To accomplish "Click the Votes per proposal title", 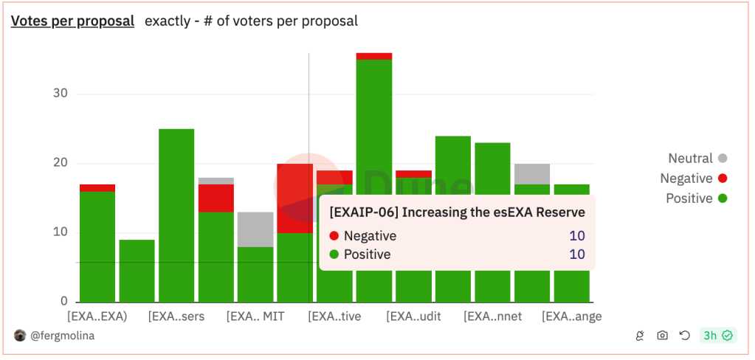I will (x=72, y=21).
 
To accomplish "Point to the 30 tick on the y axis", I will (x=60, y=94).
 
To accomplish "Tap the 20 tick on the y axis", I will (x=60, y=163).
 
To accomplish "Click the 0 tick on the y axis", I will (x=63, y=302).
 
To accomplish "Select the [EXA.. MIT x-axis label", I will (x=255, y=316).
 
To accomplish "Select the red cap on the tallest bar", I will (x=374, y=56).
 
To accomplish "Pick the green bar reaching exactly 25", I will (x=176, y=214).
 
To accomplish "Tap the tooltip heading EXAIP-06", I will (x=457, y=212).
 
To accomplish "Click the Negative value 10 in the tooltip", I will (x=576, y=236).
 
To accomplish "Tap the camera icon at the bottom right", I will (x=663, y=336).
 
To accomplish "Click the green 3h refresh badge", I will (x=717, y=336).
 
